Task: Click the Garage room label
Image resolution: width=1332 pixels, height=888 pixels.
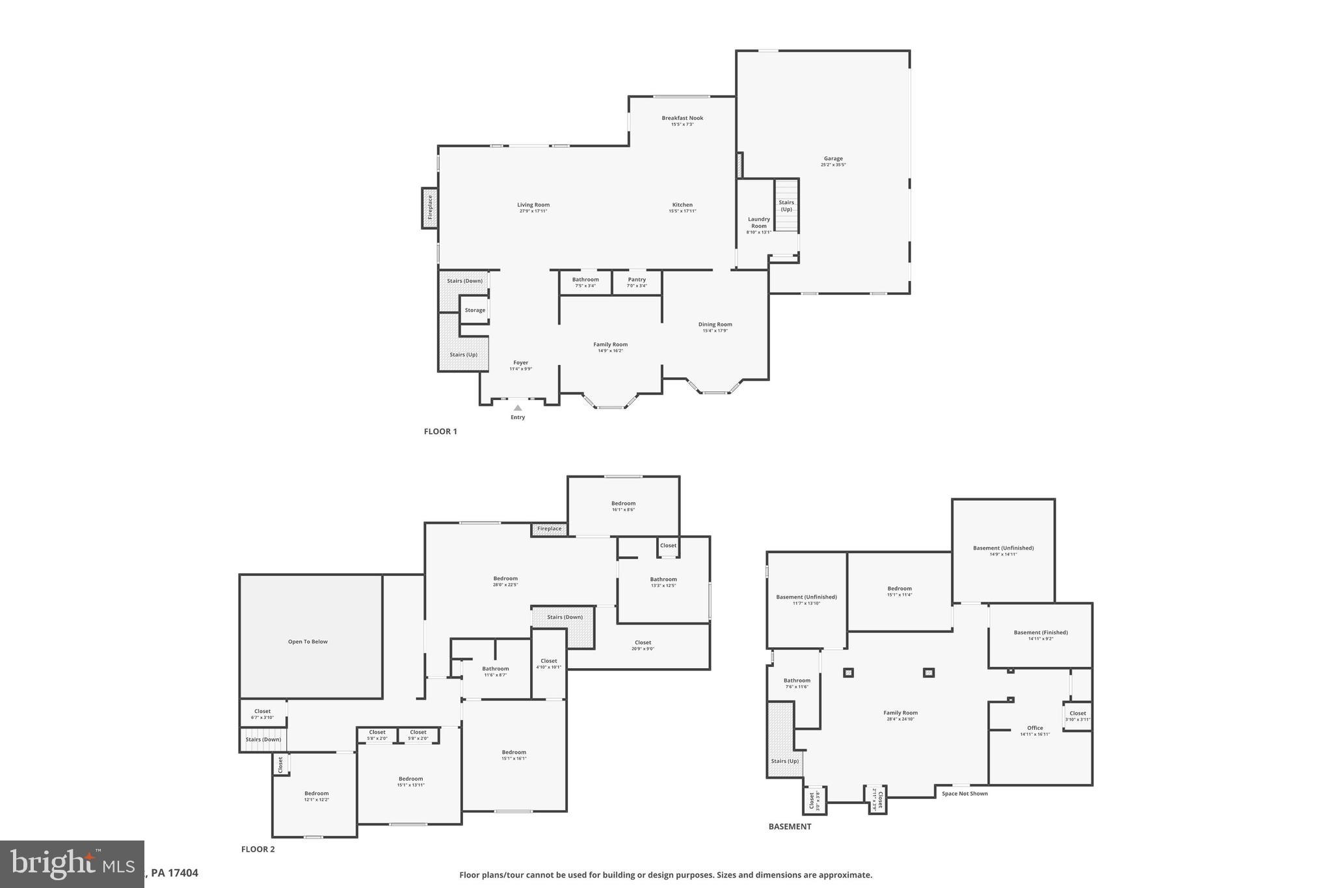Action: click(833, 159)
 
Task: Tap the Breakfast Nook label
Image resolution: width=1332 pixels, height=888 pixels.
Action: click(682, 118)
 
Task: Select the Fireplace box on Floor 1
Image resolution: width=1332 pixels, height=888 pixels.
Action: click(429, 208)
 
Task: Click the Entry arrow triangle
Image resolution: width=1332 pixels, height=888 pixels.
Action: click(518, 408)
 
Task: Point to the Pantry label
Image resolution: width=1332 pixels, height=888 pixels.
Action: click(637, 280)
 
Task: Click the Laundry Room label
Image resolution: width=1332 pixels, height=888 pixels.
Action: click(758, 222)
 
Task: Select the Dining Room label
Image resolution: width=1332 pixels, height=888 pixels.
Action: click(715, 325)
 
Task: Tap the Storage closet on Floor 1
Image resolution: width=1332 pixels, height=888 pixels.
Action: click(475, 310)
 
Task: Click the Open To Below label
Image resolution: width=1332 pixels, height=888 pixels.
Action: click(308, 641)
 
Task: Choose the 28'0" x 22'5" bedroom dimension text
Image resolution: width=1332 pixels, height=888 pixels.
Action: click(505, 585)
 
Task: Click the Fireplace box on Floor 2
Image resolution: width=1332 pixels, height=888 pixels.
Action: click(549, 529)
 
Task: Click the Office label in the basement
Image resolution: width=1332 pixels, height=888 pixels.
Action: click(1035, 728)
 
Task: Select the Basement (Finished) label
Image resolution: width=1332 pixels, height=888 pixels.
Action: click(1041, 632)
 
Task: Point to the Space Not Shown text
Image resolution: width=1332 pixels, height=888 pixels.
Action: click(965, 794)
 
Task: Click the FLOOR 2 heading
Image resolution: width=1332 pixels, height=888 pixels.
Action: click(258, 849)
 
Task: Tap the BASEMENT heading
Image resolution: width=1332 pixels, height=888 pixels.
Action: click(790, 827)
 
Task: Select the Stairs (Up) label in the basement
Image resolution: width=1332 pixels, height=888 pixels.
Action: click(784, 761)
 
